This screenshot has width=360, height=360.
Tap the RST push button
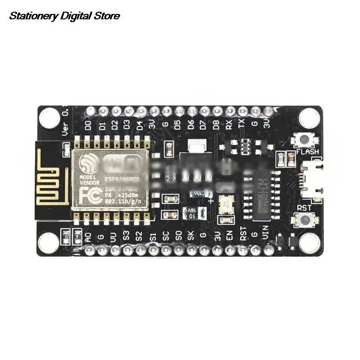coord(305,220)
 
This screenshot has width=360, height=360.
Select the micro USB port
coord(315,180)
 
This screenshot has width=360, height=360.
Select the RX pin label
coord(229,125)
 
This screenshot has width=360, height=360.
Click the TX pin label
coord(242,125)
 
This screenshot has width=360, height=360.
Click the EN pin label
coord(229,236)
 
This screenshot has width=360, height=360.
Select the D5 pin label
coord(178,125)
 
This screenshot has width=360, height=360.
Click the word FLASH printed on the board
coord(308,152)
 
